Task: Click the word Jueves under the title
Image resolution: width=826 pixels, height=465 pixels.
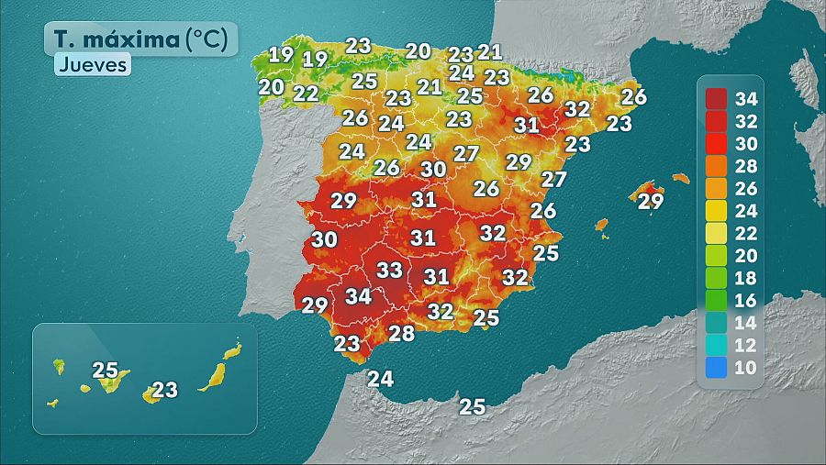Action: click(92, 65)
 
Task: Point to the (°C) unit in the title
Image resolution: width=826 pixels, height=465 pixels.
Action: click(210, 39)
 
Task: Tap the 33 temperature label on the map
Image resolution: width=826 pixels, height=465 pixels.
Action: click(390, 270)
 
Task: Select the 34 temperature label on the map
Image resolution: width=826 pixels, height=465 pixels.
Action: click(359, 296)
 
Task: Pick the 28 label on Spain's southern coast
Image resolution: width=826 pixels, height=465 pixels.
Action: click(401, 334)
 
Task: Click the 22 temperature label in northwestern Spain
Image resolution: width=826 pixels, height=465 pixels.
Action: click(306, 93)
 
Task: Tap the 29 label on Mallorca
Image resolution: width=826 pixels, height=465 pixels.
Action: click(650, 201)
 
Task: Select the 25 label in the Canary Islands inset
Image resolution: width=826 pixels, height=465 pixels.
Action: click(106, 371)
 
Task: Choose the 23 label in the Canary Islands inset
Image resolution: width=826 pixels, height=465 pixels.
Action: click(164, 390)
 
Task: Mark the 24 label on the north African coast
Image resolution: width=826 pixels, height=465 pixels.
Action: click(380, 378)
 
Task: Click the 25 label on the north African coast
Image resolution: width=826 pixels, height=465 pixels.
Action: click(472, 406)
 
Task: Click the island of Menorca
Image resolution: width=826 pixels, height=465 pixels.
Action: click(680, 179)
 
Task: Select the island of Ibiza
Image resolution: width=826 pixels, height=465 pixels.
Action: click(602, 225)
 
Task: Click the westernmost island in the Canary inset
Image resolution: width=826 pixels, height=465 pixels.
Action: click(52, 403)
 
